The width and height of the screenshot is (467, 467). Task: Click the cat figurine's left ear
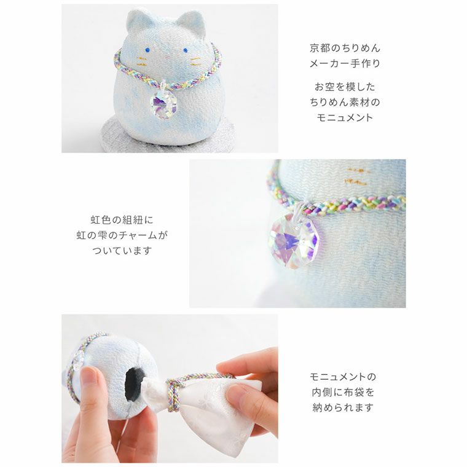(x=137, y=22)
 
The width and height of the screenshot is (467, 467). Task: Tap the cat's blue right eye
(x=186, y=52)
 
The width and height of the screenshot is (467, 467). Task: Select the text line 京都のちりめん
(x=344, y=48)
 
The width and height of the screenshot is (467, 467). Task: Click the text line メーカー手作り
(x=344, y=64)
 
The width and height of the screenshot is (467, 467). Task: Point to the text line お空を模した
(x=344, y=87)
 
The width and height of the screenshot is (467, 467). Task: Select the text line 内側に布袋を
(x=344, y=391)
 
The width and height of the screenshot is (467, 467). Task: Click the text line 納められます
(x=344, y=407)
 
